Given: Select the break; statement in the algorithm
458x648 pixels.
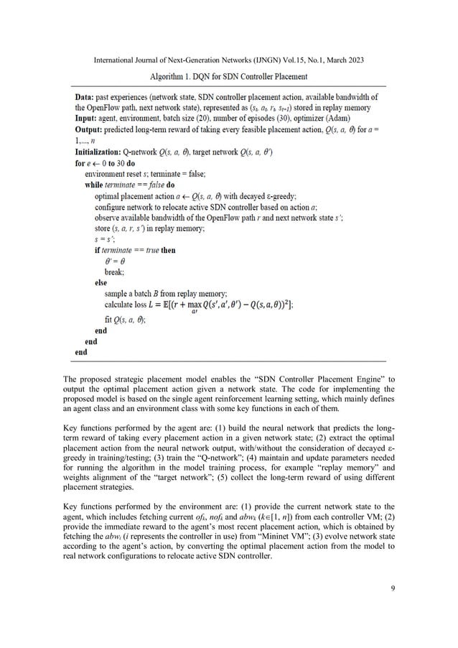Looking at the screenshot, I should point(117,272).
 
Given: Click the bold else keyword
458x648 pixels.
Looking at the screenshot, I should point(102,282).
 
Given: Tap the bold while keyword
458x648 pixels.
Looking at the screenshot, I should point(95,184).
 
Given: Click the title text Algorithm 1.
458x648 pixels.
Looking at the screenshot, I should point(174,76).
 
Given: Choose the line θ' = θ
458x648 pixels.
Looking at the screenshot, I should point(117,261).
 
